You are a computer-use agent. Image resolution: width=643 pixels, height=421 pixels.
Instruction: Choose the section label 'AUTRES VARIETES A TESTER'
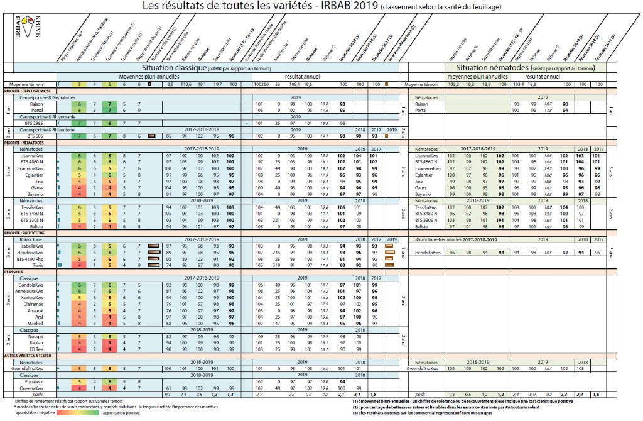click(x=28, y=356)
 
